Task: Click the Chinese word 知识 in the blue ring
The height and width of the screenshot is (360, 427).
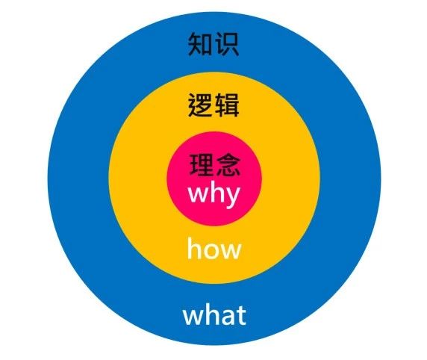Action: (213, 44)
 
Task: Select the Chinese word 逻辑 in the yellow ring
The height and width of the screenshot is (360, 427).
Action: (213, 105)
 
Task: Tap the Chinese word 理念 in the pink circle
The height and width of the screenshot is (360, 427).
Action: (214, 164)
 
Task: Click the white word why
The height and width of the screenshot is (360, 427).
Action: (214, 194)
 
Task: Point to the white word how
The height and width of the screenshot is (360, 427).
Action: (214, 248)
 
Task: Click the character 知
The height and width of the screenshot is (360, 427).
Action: (200, 44)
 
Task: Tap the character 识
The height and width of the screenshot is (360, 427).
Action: (227, 44)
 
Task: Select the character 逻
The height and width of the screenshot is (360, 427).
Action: (200, 105)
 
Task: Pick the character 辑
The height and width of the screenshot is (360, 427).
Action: (227, 105)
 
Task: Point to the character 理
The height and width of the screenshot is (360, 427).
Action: (202, 164)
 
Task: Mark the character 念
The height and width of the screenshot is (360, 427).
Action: (228, 164)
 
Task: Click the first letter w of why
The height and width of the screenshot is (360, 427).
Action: (197, 195)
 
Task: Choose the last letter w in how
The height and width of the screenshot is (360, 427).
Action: (231, 251)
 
